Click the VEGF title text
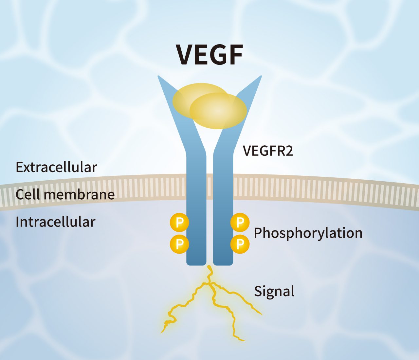tap(209, 55)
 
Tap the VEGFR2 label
tap(268, 151)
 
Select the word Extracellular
tap(56, 167)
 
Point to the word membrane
tap(79, 194)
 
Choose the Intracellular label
tap(55, 222)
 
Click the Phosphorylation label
tap(308, 233)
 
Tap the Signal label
tap(274, 291)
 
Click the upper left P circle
tap(179, 223)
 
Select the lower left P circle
tap(179, 244)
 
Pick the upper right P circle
tap(240, 223)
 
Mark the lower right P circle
tap(240, 244)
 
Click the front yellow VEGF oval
tap(218, 111)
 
